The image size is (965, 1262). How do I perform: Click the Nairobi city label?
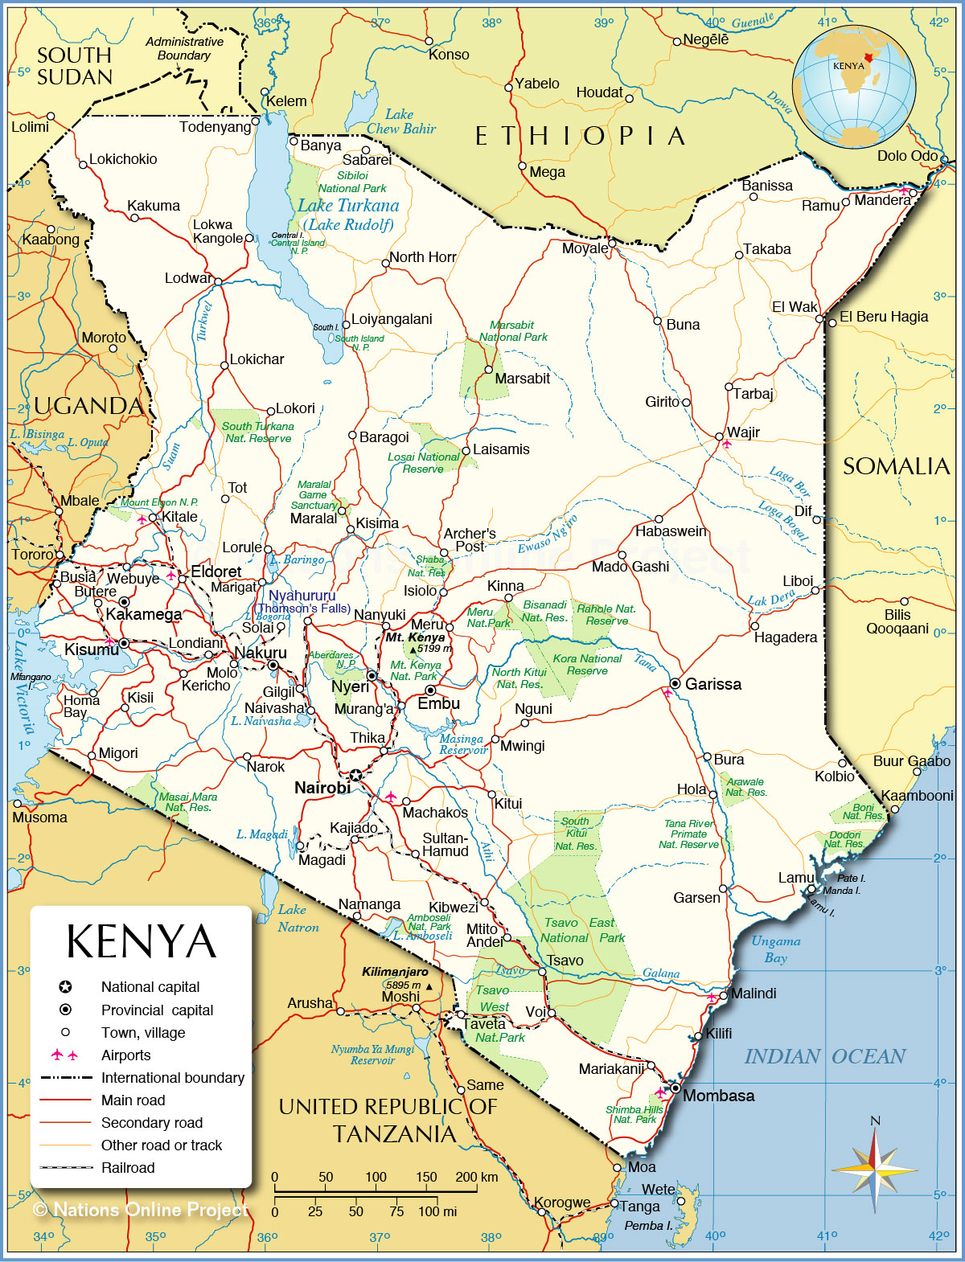pyautogui.click(x=322, y=788)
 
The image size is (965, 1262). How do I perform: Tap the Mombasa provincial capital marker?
pyautogui.click(x=676, y=1088)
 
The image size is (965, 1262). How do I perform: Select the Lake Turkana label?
pyautogui.click(x=347, y=207)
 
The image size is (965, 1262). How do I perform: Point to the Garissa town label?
pyautogui.click(x=712, y=684)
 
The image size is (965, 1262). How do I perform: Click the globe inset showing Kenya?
pyautogui.click(x=853, y=87)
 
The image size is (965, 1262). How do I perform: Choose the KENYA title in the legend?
pyautogui.click(x=141, y=942)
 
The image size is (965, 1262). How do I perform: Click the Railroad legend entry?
pyautogui.click(x=127, y=1168)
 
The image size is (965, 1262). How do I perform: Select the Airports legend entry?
pyautogui.click(x=125, y=1055)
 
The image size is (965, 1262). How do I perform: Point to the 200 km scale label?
pyautogui.click(x=476, y=1177)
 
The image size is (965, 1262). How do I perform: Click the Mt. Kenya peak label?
pyautogui.click(x=415, y=637)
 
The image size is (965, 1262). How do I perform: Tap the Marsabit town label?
pyautogui.click(x=522, y=378)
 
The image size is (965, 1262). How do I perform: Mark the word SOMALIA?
pyautogui.click(x=896, y=466)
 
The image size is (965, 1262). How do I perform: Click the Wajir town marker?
pyautogui.click(x=720, y=436)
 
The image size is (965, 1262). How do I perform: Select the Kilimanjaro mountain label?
pyautogui.click(x=395, y=972)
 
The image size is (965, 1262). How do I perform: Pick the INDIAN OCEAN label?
pyautogui.click(x=824, y=1056)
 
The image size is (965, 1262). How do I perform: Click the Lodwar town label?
pyautogui.click(x=188, y=278)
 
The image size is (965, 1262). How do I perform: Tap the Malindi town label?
pyautogui.click(x=754, y=994)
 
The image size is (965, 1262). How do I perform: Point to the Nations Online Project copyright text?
pyautogui.click(x=141, y=1210)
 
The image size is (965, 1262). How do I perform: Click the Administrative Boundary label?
pyautogui.click(x=184, y=48)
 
